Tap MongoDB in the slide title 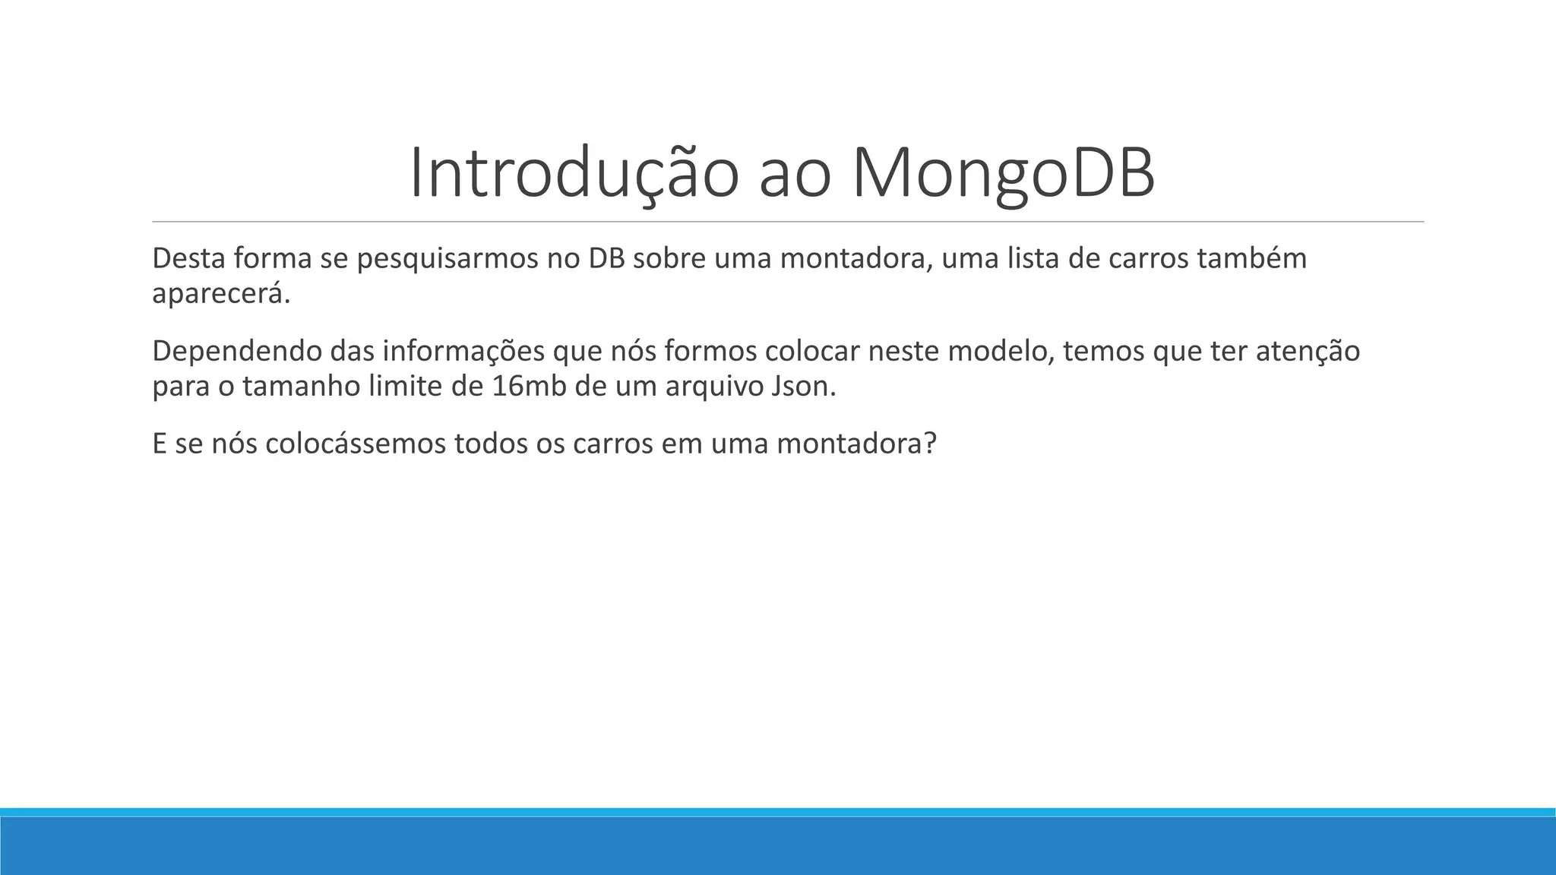tap(1003, 174)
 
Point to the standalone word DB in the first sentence tap(606, 258)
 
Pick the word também tap(1251, 258)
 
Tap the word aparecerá tap(221, 294)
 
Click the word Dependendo tap(236, 352)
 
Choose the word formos tap(710, 351)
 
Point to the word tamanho tap(301, 387)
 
